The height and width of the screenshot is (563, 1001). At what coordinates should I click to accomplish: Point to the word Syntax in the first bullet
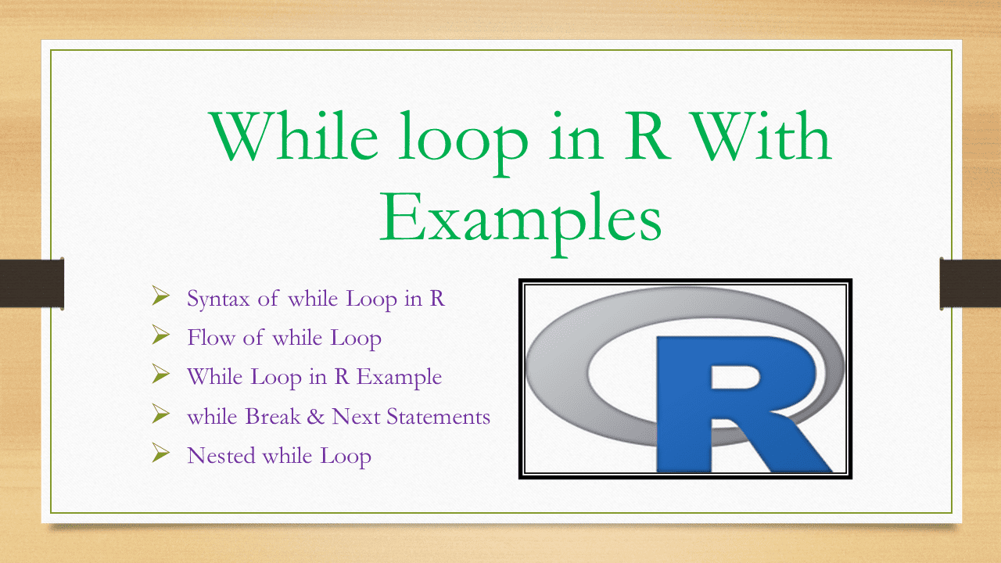[x=218, y=299]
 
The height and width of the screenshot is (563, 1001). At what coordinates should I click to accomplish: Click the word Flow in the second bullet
[x=210, y=338]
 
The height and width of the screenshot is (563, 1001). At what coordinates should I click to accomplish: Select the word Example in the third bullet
[x=399, y=377]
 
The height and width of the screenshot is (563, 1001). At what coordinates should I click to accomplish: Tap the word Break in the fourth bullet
[x=272, y=416]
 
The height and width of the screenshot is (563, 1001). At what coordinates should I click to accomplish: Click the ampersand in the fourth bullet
[x=315, y=416]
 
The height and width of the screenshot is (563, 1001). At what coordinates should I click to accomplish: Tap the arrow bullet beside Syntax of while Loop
[x=161, y=296]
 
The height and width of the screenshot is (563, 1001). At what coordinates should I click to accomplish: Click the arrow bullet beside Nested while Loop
[x=161, y=452]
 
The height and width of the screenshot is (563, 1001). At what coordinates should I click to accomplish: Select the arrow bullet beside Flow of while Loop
[x=161, y=335]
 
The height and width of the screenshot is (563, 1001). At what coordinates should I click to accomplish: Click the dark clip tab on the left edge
[x=31, y=283]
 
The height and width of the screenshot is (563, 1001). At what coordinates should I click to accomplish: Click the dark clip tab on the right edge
[x=970, y=283]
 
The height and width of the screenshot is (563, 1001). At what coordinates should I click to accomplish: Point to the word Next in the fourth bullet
[x=356, y=416]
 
